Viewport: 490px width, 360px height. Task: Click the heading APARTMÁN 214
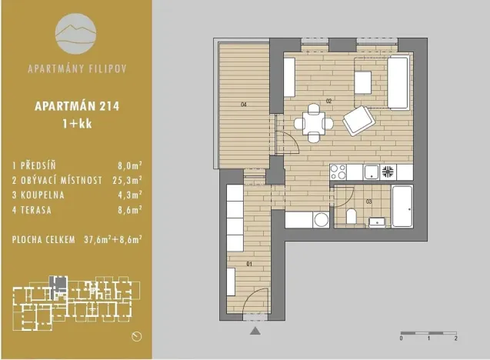[75, 108]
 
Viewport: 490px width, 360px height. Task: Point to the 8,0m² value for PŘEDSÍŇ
[128, 165]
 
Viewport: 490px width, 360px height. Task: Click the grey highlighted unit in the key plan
[53, 281]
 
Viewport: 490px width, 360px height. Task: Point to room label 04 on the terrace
[242, 103]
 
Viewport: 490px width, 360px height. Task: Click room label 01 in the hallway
[248, 264]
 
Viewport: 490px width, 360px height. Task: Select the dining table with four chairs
[313, 122]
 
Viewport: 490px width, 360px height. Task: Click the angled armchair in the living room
[358, 120]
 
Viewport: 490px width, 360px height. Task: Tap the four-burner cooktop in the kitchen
[388, 172]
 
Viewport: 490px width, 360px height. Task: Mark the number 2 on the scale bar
[456, 338]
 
